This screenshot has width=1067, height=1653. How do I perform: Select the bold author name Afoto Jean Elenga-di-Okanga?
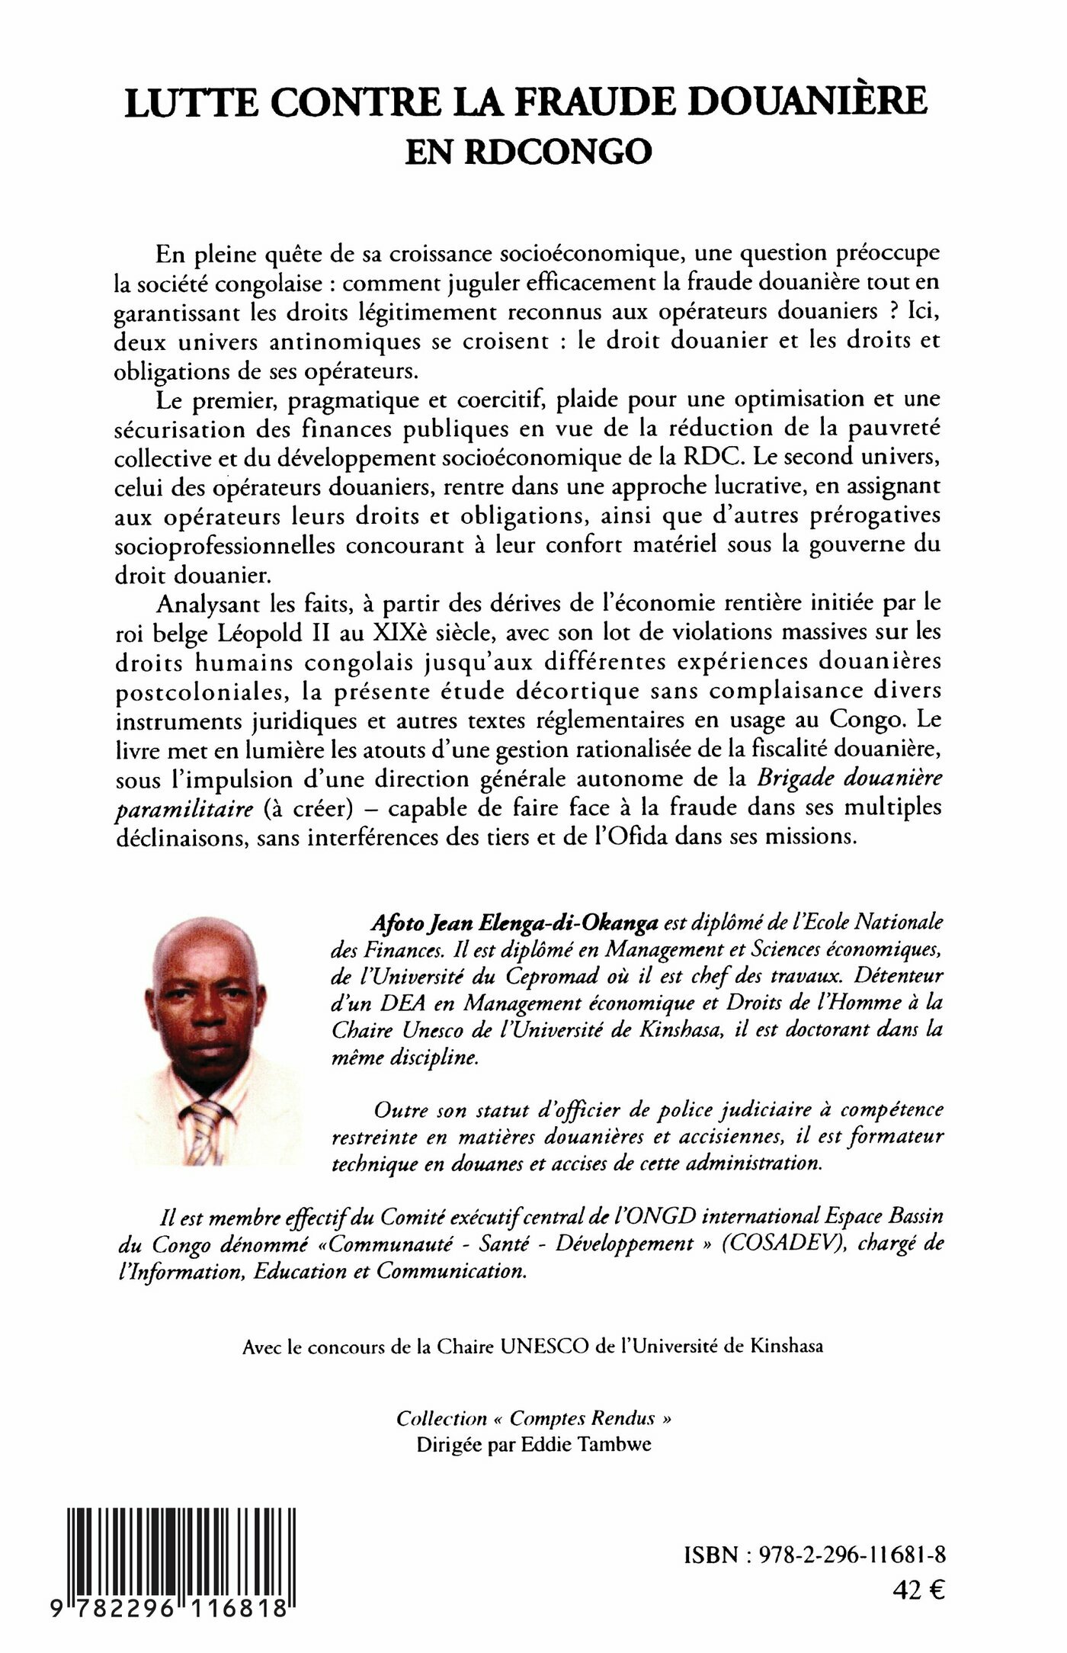point(514,923)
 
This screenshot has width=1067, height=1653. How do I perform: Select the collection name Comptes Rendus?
point(582,1419)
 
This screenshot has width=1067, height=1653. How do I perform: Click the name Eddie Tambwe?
point(586,1445)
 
